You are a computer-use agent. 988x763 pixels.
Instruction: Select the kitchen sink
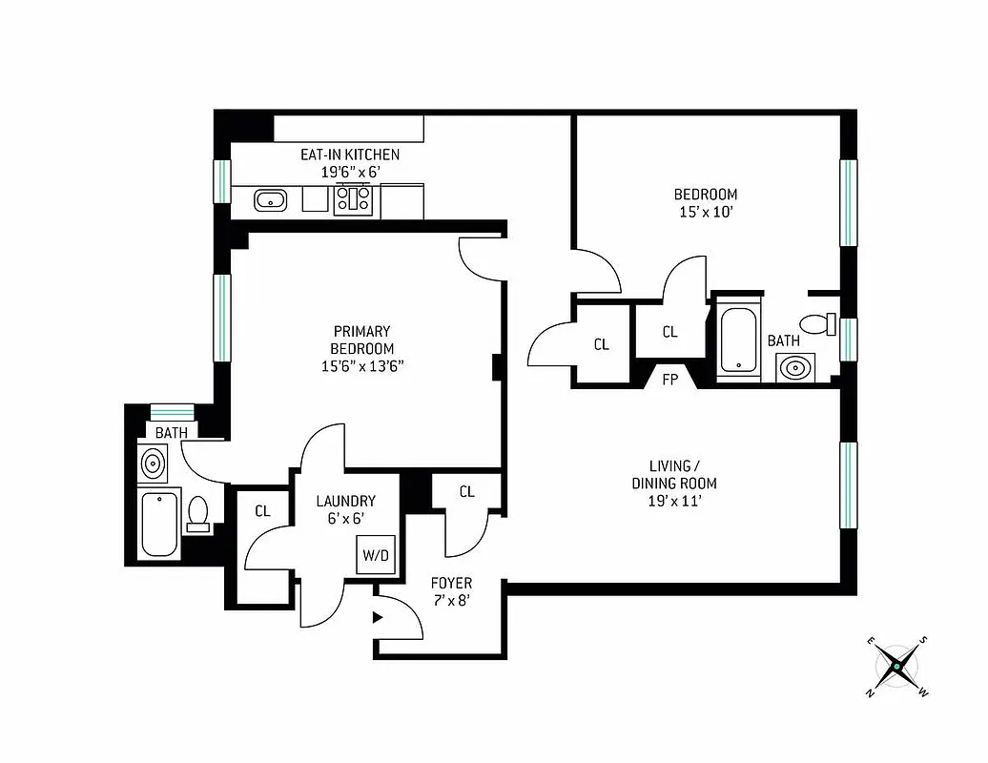click(x=270, y=199)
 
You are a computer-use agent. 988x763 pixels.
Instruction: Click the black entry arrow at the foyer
click(x=378, y=617)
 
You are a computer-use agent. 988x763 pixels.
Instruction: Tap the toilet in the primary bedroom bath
click(x=199, y=513)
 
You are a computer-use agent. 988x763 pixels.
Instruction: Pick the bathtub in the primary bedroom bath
click(x=158, y=523)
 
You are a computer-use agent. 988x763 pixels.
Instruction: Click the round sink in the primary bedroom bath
click(x=152, y=464)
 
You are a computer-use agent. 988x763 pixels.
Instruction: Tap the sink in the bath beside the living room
click(x=793, y=365)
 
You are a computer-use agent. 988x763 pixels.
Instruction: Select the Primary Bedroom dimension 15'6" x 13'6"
click(x=362, y=366)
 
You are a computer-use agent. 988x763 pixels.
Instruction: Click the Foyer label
click(x=451, y=583)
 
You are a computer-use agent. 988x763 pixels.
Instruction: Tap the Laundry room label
click(x=346, y=501)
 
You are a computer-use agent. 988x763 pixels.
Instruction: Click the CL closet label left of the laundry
click(x=262, y=511)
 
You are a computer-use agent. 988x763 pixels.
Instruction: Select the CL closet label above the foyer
click(x=466, y=492)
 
